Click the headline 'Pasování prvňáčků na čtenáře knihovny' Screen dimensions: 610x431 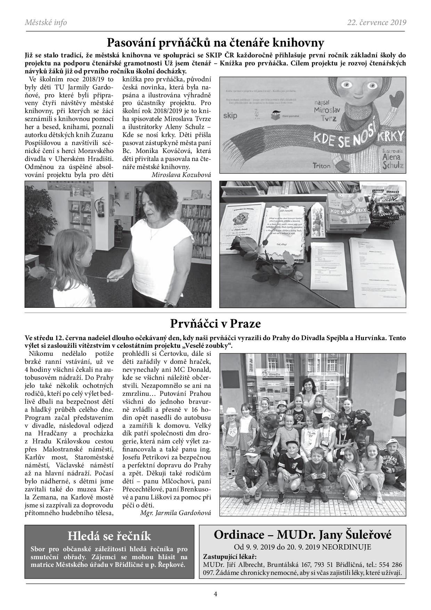click(215, 43)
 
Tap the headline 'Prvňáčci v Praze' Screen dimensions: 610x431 click(215, 324)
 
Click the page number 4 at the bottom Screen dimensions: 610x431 click(215, 594)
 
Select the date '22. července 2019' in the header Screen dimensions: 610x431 click(376, 23)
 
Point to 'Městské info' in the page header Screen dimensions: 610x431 click(46, 23)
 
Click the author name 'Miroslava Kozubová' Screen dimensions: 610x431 click(181, 175)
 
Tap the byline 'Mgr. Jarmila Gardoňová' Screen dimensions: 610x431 click(176, 513)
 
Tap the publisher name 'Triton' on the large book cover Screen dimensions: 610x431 click(321, 166)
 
